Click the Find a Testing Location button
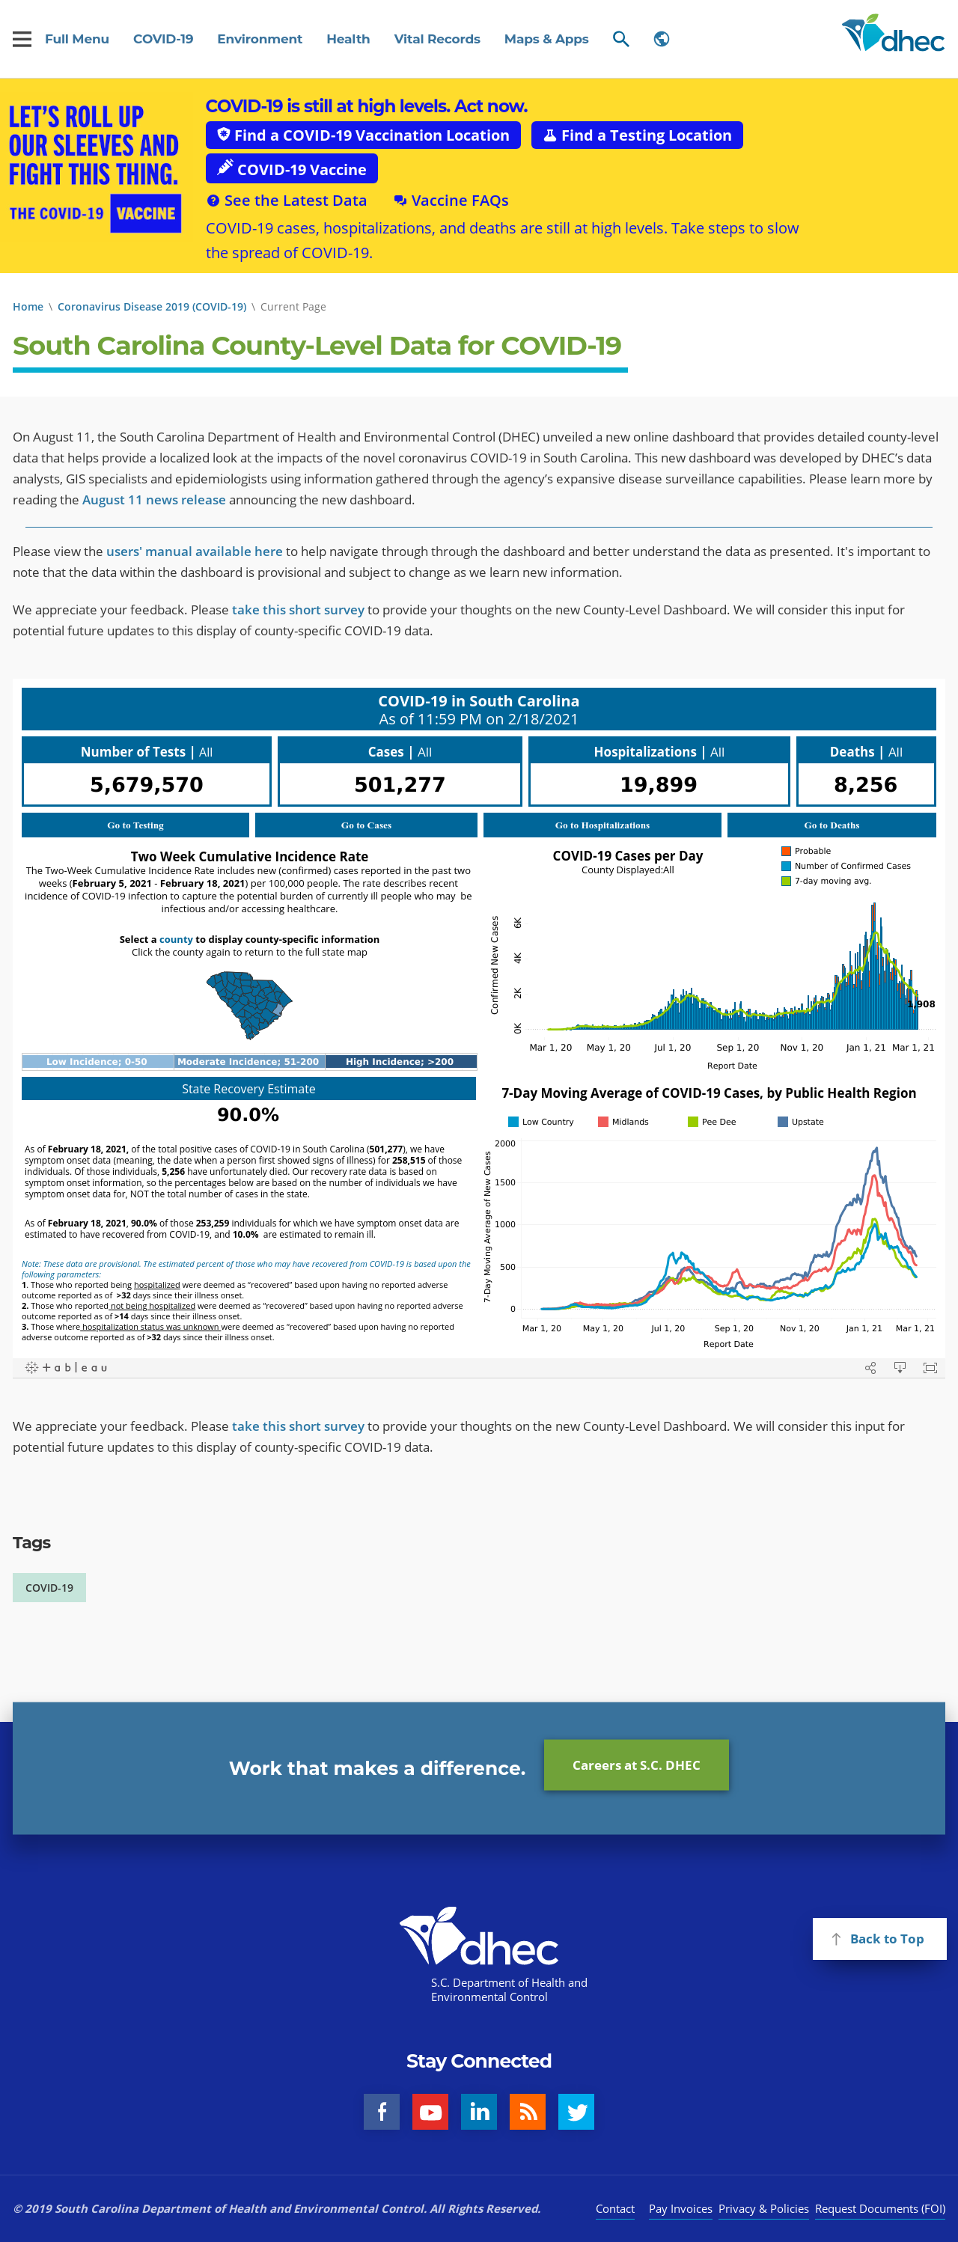pyautogui.click(x=637, y=135)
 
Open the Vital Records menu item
pyautogui.click(x=437, y=39)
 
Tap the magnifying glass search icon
pyautogui.click(x=620, y=39)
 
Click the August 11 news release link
pyautogui.click(x=154, y=500)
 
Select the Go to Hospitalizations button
pyautogui.click(x=602, y=825)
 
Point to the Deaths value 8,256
pyautogui.click(x=865, y=784)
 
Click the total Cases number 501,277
pyautogui.click(x=400, y=784)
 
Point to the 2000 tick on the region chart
pyautogui.click(x=504, y=1143)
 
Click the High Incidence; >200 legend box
pyautogui.click(x=400, y=1062)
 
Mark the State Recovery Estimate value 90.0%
pyautogui.click(x=248, y=1115)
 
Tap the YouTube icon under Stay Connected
pyautogui.click(x=430, y=2113)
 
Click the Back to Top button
pyautogui.click(x=879, y=1939)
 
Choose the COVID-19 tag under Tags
pyautogui.click(x=49, y=1587)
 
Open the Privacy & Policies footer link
pyautogui.click(x=763, y=2209)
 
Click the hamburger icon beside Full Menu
pyautogui.click(x=22, y=39)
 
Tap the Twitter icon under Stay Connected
pyautogui.click(x=576, y=2113)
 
